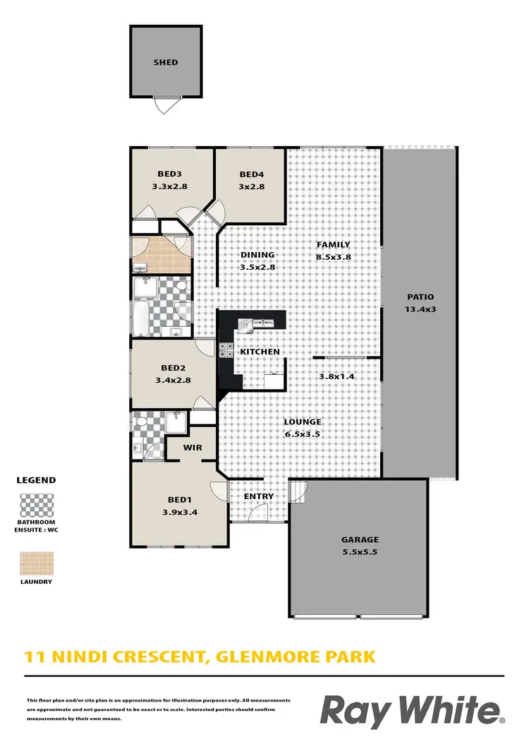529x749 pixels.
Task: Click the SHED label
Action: coord(166,62)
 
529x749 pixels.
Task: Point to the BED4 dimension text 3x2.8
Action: coord(251,186)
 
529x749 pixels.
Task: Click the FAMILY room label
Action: coord(333,245)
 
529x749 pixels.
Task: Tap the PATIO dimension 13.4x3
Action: coord(420,308)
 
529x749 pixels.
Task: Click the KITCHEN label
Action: coord(260,352)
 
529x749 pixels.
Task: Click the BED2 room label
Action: coord(173,368)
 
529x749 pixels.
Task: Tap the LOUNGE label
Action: coord(302,422)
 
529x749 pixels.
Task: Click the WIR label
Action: coord(193,448)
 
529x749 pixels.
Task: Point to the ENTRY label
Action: coord(258,496)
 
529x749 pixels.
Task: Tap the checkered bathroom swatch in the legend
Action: coord(35,505)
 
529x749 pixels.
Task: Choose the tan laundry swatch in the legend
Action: coord(35,562)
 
